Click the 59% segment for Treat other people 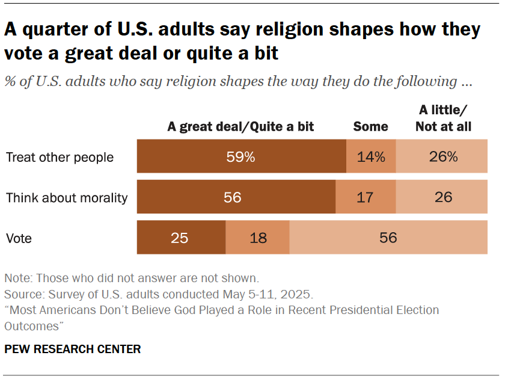[x=241, y=157]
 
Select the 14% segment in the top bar [x=371, y=157]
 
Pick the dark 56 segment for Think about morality [x=236, y=197]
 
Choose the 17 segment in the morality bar [x=366, y=197]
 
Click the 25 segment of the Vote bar [x=181, y=238]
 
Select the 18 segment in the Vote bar [x=257, y=238]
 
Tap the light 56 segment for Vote [x=388, y=238]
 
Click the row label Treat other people [x=60, y=158]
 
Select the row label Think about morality [x=66, y=198]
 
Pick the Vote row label [x=19, y=238]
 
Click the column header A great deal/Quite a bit [x=240, y=126]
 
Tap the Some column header [x=370, y=126]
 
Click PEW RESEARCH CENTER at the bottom [x=72, y=349]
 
